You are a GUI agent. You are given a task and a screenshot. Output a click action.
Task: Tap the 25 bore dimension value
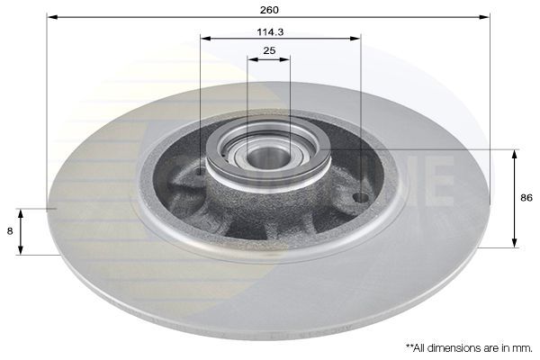point(269,50)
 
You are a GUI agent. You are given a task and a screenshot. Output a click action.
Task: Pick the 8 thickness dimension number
point(10,230)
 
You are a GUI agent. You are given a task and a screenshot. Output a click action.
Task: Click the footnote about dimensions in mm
point(468,346)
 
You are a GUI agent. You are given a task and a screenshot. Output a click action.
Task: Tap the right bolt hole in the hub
point(360,197)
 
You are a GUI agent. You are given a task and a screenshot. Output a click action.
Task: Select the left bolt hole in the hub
point(200,170)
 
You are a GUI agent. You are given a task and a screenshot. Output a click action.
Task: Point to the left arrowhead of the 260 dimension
point(51,17)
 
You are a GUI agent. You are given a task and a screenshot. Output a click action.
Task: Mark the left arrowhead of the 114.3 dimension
point(204,38)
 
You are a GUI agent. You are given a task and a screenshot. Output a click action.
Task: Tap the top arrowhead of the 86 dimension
point(515,154)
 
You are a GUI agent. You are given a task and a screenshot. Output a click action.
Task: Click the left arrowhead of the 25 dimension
point(251,58)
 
